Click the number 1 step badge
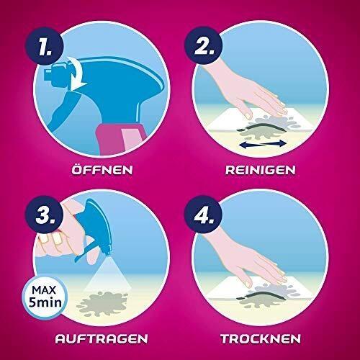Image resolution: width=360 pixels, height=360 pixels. [45, 46]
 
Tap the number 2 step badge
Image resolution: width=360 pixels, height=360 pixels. [203, 46]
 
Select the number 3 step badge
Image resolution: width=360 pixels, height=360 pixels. [45, 215]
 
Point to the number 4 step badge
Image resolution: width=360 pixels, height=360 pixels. [203, 215]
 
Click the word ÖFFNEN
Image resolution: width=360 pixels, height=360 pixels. [102, 169]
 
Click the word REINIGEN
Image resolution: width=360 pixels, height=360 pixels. [261, 170]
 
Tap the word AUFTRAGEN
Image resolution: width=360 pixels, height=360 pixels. [102, 338]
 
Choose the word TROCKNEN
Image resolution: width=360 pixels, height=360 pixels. [261, 338]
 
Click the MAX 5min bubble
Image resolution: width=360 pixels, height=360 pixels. [45, 297]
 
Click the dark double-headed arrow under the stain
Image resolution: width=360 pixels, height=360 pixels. [263, 144]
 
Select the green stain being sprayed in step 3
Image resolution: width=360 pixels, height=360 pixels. [102, 304]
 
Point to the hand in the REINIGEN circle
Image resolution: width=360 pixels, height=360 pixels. [247, 91]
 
